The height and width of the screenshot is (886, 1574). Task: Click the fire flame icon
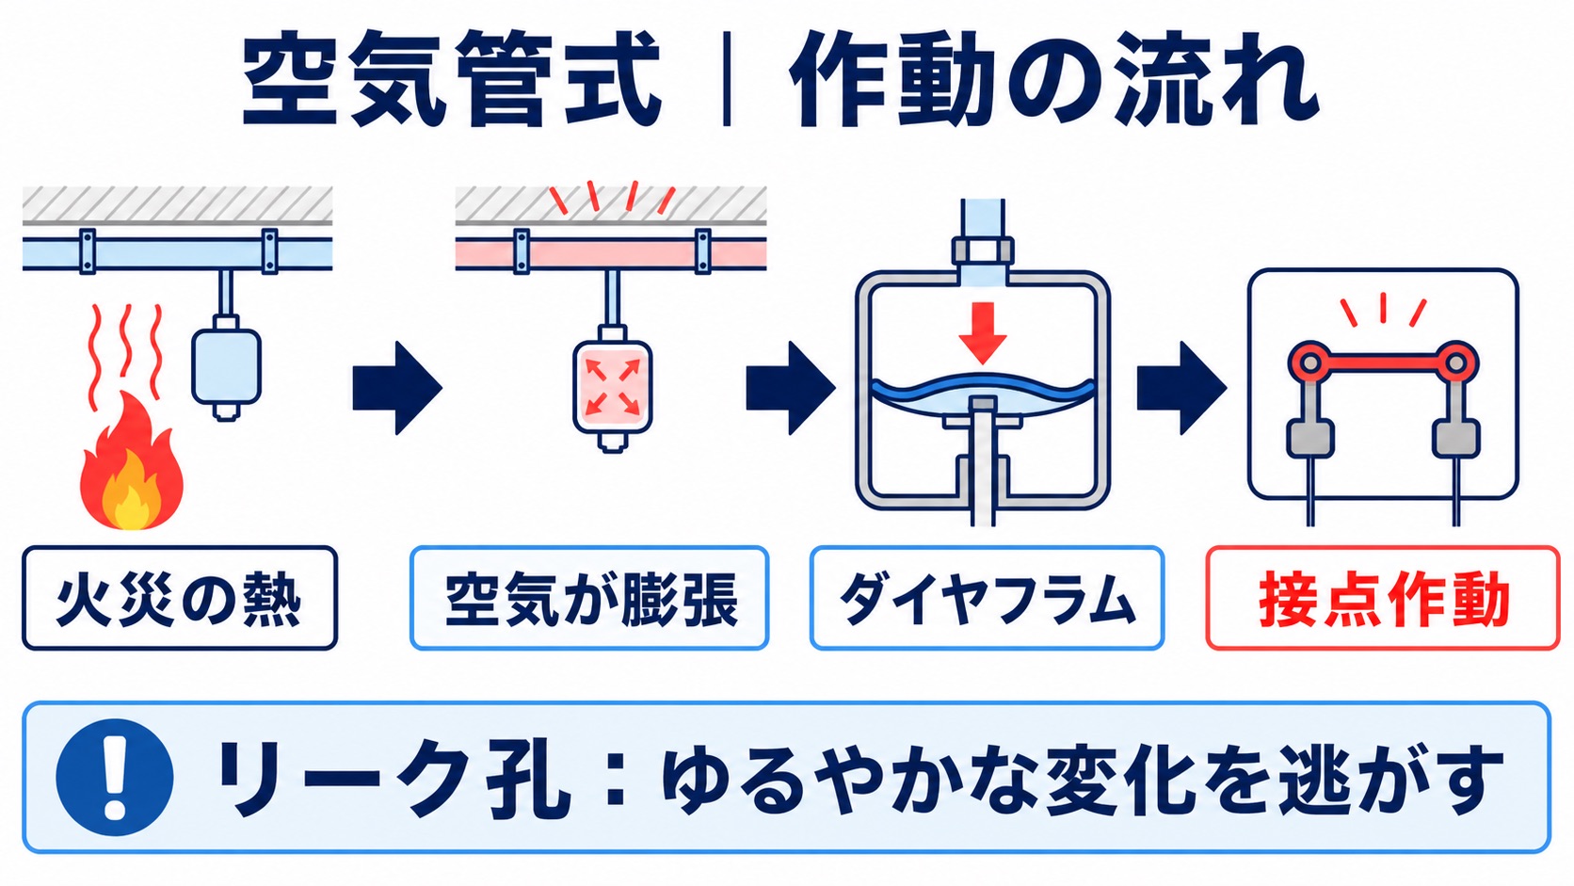pyautogui.click(x=132, y=460)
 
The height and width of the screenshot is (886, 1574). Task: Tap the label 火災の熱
pyautogui.click(x=180, y=599)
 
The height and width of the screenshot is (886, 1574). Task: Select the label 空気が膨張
pyautogui.click(x=589, y=599)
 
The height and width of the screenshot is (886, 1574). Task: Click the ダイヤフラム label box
pyautogui.click(x=988, y=599)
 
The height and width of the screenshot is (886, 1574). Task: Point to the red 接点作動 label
pyautogui.click(x=1383, y=599)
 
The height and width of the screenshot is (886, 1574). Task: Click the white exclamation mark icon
pyautogui.click(x=115, y=777)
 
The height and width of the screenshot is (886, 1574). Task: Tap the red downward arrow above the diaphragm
pyautogui.click(x=983, y=333)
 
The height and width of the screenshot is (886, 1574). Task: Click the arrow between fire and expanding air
pyautogui.click(x=397, y=388)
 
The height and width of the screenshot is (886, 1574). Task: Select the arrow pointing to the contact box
pyautogui.click(x=1181, y=388)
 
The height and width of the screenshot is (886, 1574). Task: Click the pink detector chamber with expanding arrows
pyautogui.click(x=613, y=386)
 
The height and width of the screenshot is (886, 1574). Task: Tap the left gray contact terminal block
pyautogui.click(x=1309, y=439)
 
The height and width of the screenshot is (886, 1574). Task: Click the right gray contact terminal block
pyautogui.click(x=1456, y=439)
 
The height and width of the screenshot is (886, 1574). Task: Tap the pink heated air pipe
pyautogui.click(x=611, y=253)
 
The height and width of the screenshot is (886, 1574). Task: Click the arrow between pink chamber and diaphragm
pyautogui.click(x=791, y=388)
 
